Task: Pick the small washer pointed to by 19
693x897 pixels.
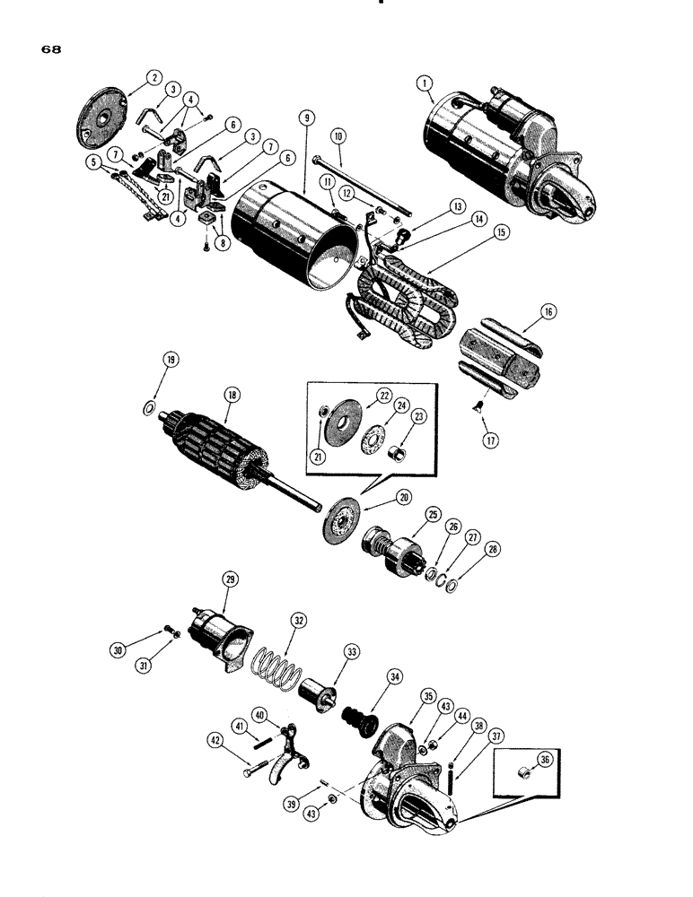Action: tap(151, 411)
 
